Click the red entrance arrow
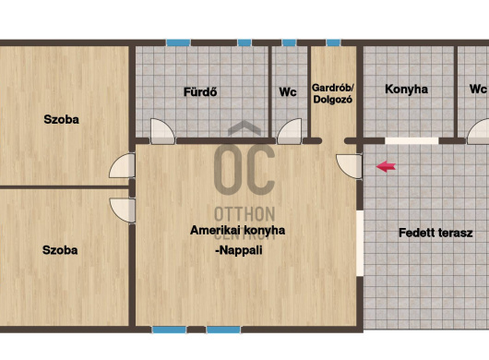[x=386, y=166]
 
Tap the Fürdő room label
[x=200, y=92]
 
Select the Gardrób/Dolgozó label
[x=332, y=93]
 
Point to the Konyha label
[x=406, y=90]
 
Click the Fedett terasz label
[x=435, y=233]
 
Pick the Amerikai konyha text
[x=238, y=231]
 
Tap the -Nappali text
[x=239, y=250]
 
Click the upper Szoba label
[x=62, y=119]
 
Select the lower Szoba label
[x=60, y=250]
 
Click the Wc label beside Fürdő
[x=288, y=92]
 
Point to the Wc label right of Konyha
[x=478, y=90]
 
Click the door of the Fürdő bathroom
[x=162, y=131]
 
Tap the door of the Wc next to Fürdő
[x=290, y=131]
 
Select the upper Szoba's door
[x=122, y=165]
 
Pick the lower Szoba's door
[x=123, y=210]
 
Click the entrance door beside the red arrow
[x=350, y=166]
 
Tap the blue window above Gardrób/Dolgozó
[x=333, y=42]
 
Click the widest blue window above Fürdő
[x=178, y=42]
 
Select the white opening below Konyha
[x=411, y=140]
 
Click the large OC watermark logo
[x=244, y=170]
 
